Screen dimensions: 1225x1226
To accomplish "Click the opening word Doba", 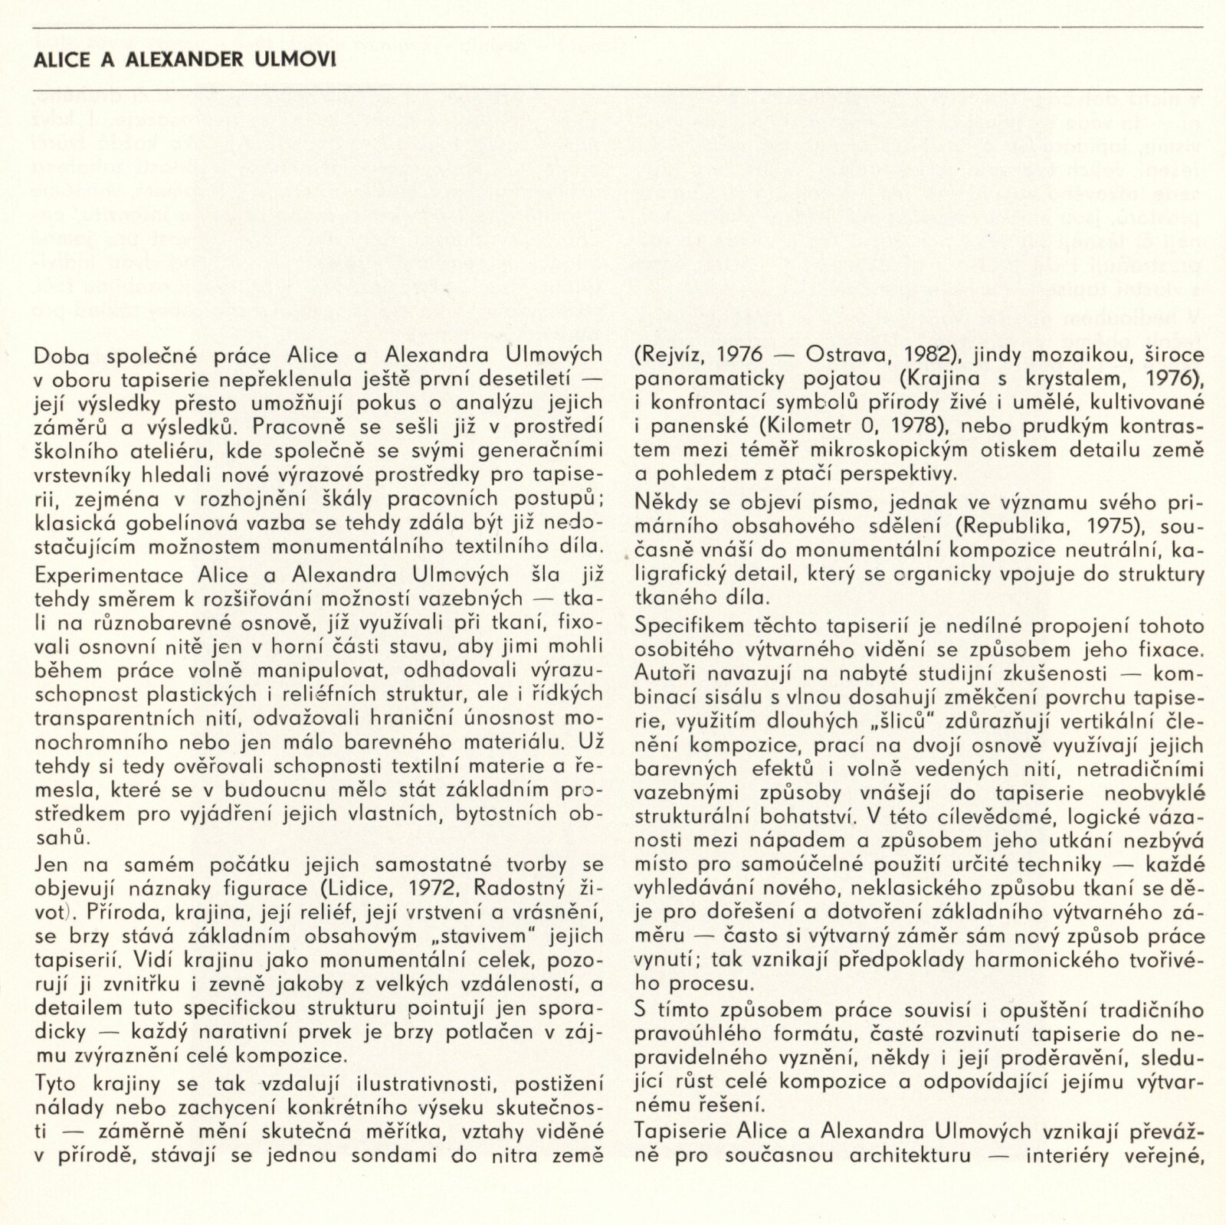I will click(x=61, y=355).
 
